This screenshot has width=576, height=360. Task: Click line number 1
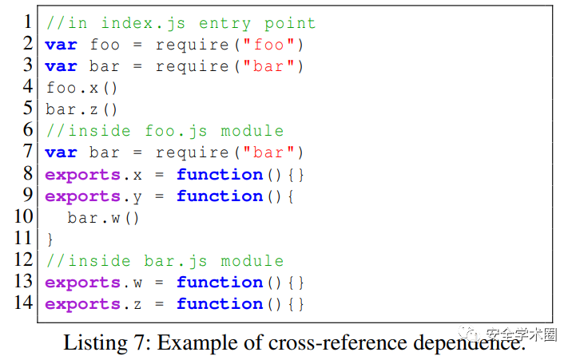pyautogui.click(x=27, y=22)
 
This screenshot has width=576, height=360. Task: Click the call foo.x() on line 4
pyautogui.click(x=81, y=88)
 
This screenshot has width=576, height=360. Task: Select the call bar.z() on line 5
pyautogui.click(x=81, y=109)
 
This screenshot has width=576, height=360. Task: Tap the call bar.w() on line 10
pyautogui.click(x=103, y=217)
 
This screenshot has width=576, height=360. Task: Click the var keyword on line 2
pyautogui.click(x=61, y=45)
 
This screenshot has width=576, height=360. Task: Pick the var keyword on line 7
pyautogui.click(x=61, y=152)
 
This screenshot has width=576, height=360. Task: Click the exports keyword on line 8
pyautogui.click(x=82, y=174)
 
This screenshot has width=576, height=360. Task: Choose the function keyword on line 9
pyautogui.click(x=219, y=196)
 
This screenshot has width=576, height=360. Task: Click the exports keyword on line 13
pyautogui.click(x=82, y=282)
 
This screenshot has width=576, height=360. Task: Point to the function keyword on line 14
pyautogui.click(x=219, y=303)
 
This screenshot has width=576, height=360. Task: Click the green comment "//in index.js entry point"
pyautogui.click(x=181, y=23)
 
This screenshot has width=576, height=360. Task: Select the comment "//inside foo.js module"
pyautogui.click(x=165, y=131)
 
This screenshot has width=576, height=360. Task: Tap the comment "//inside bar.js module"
pyautogui.click(x=165, y=260)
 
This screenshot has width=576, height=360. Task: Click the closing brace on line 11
pyautogui.click(x=50, y=239)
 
